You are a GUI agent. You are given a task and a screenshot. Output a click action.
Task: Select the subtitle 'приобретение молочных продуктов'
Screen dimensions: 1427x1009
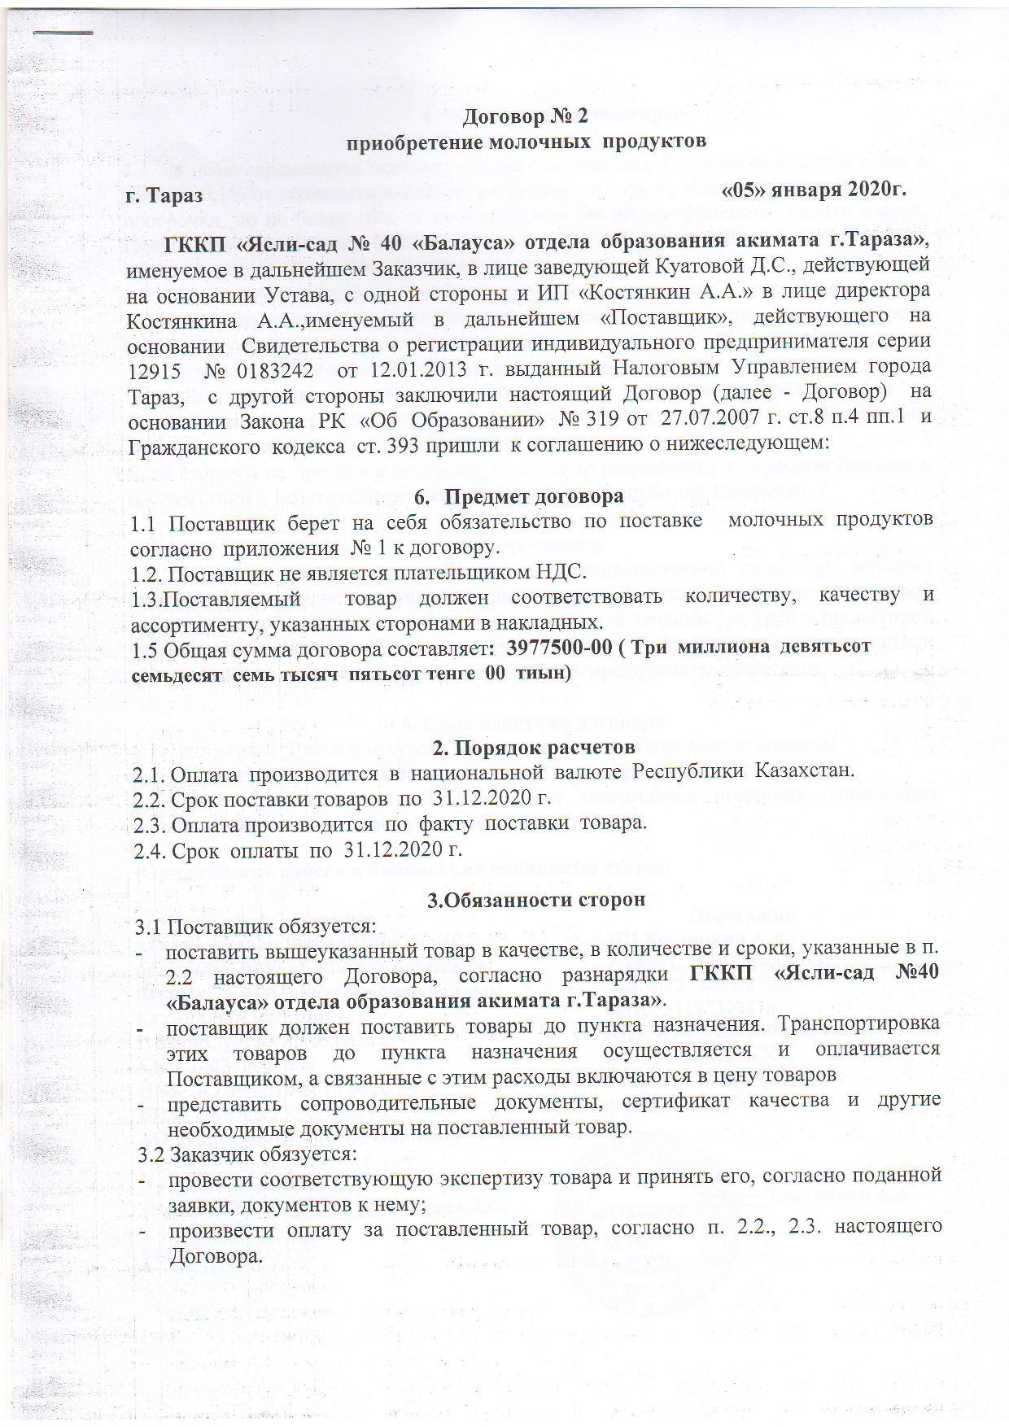(x=528, y=142)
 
